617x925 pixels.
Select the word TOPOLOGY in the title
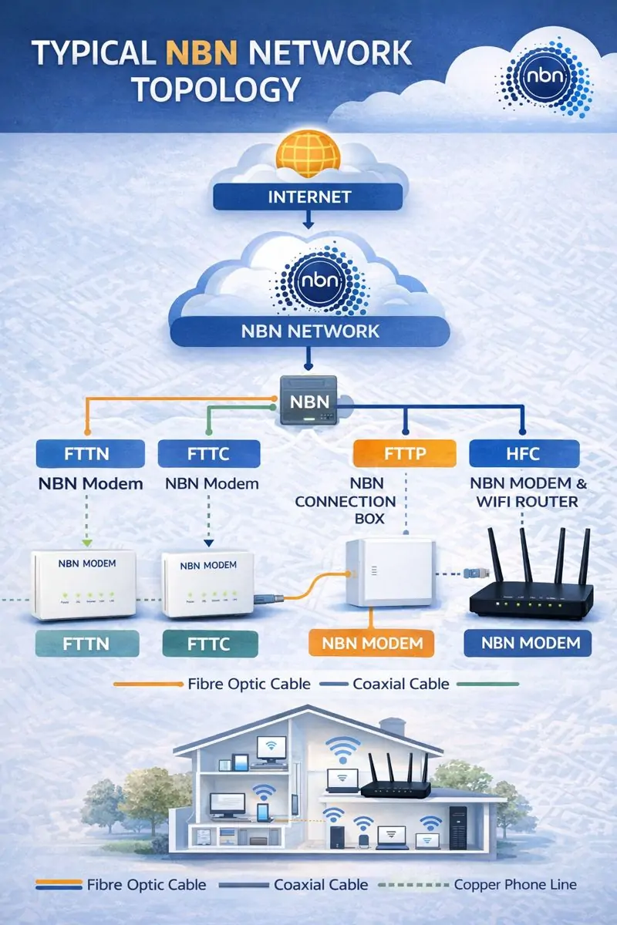click(215, 89)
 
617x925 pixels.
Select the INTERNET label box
click(308, 197)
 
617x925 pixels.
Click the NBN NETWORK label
click(308, 331)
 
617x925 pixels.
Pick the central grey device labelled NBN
click(308, 402)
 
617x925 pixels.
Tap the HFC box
click(524, 452)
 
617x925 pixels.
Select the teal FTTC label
click(209, 643)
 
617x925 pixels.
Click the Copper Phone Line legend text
click(514, 885)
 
